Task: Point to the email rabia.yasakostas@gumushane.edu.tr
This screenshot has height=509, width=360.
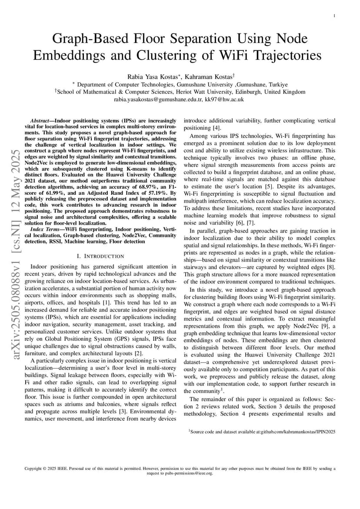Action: (x=158, y=99)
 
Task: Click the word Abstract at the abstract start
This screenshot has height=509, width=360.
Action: (x=42, y=120)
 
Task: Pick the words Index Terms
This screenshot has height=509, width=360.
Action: (x=43, y=229)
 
